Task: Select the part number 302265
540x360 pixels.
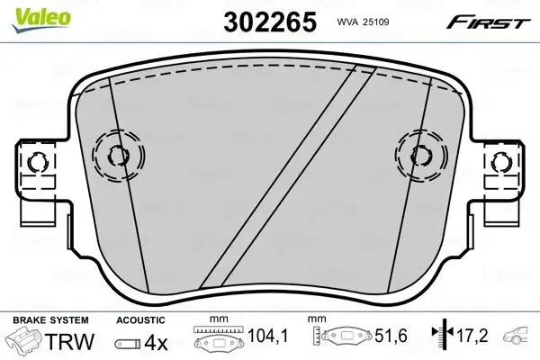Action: click(267, 22)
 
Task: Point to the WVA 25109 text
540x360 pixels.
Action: click(356, 22)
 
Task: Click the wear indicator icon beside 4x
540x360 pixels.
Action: click(130, 344)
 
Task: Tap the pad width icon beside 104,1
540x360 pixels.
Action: click(219, 341)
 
